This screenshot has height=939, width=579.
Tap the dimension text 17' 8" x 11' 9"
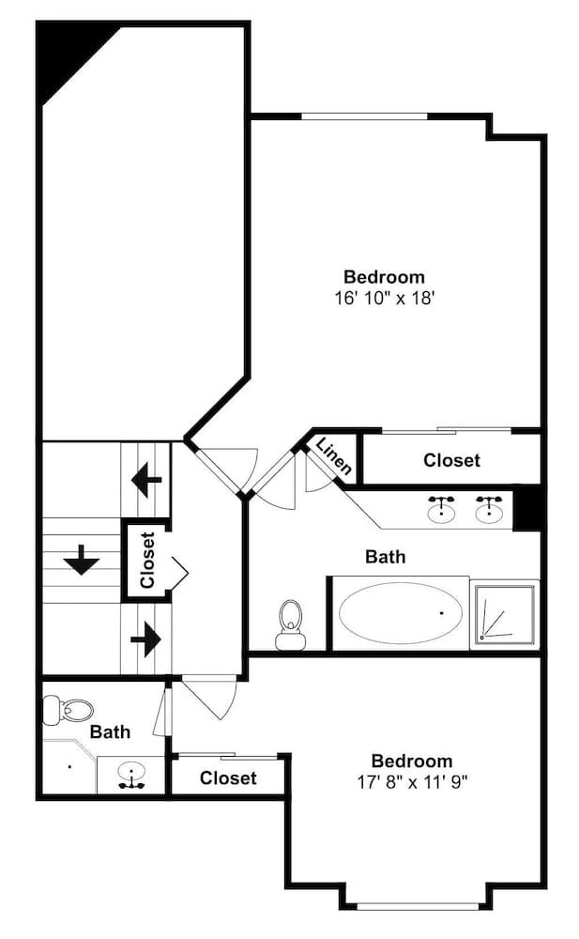[x=411, y=780]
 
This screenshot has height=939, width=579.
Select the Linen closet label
[x=333, y=455]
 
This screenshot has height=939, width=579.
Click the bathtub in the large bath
[x=401, y=613]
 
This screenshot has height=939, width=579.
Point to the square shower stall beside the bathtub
[x=506, y=614]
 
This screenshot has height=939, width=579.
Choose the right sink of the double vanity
[x=488, y=510]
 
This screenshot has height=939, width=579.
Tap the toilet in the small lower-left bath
[x=69, y=709]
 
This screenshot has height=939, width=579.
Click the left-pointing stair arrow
[x=146, y=481]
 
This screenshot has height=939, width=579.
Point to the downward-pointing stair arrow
[x=82, y=562]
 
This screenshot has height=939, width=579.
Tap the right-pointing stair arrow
[x=145, y=640]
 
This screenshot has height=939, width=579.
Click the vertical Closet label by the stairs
[x=147, y=561]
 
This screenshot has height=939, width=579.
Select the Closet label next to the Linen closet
[x=451, y=460]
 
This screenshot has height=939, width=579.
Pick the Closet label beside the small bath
[x=228, y=778]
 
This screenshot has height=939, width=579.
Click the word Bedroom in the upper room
[x=384, y=277]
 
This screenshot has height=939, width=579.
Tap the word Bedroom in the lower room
[x=411, y=761]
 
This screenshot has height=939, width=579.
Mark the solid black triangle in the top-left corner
[x=66, y=54]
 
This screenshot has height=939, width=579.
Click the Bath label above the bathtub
[x=385, y=557]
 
